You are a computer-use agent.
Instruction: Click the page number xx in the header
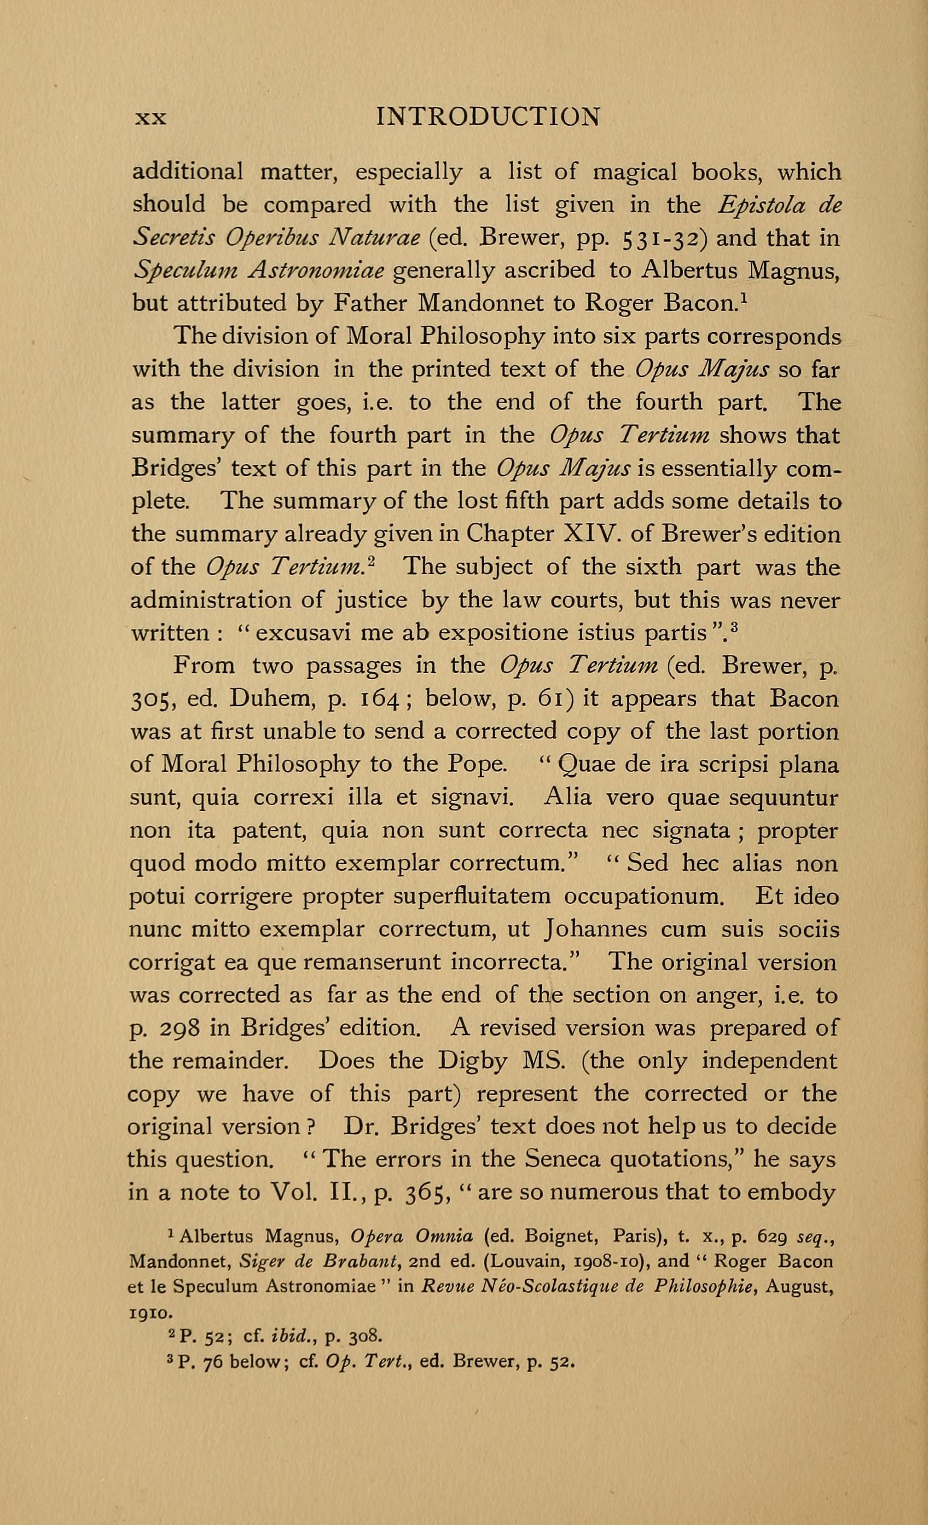(x=151, y=118)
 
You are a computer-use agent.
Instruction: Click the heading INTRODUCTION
(x=488, y=117)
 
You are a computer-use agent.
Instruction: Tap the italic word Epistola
(x=761, y=204)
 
